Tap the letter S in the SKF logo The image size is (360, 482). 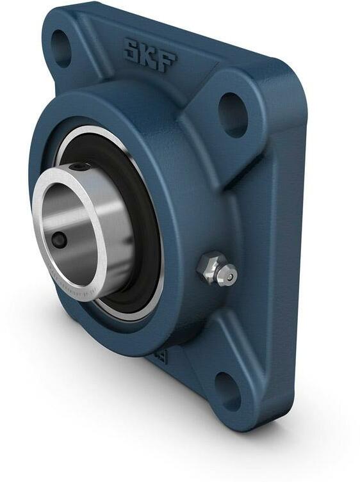point(133,49)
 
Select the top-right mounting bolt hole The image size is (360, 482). point(233,115)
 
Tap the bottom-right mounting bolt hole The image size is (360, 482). point(227,390)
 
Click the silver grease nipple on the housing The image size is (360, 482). point(218,269)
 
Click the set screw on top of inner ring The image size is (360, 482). point(81,167)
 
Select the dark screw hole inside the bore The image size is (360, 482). point(59,240)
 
